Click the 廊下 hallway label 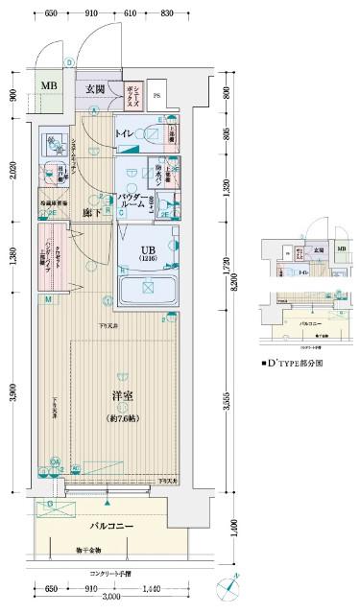(92, 213)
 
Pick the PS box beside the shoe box (157, 94)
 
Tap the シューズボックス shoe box (132, 94)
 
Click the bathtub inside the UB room (146, 287)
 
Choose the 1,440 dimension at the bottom (150, 587)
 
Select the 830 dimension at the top (166, 12)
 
